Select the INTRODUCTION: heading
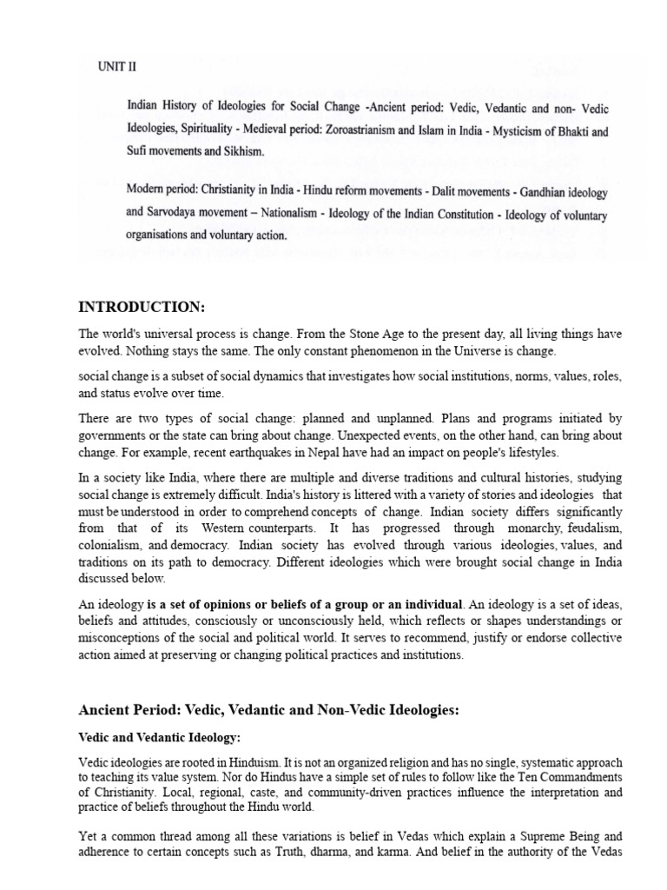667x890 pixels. [x=139, y=306]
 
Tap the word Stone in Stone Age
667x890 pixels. [x=352, y=335]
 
